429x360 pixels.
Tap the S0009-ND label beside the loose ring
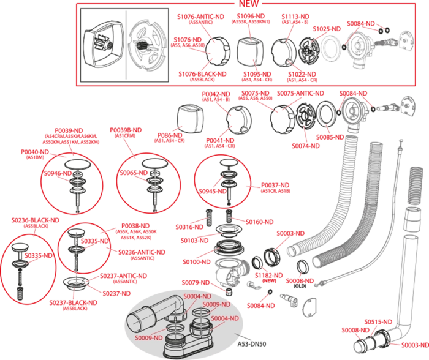(x=216, y=305)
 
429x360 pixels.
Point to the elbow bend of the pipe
(x=178, y=309)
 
